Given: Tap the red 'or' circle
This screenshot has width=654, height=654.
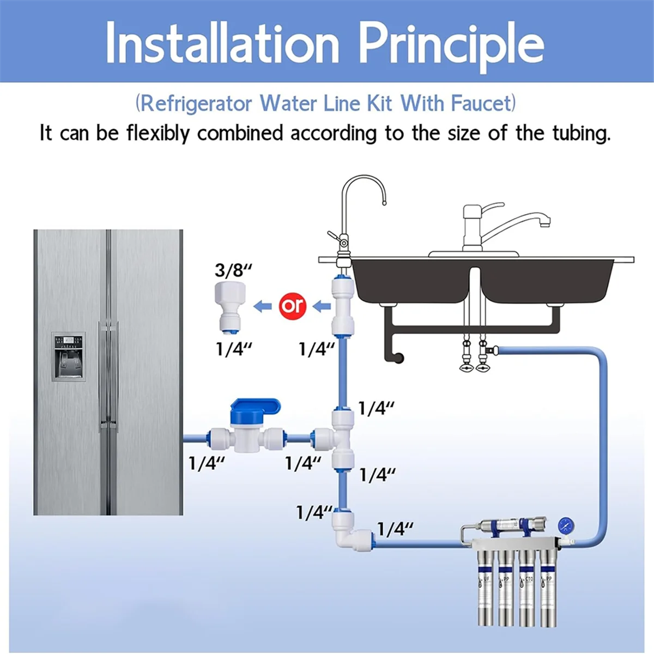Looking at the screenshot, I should [293, 306].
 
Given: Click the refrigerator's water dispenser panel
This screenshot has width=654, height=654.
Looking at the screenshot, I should [69, 356].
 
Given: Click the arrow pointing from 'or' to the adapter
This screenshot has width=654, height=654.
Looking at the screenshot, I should [264, 306].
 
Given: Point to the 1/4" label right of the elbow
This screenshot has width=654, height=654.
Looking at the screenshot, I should [395, 529].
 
